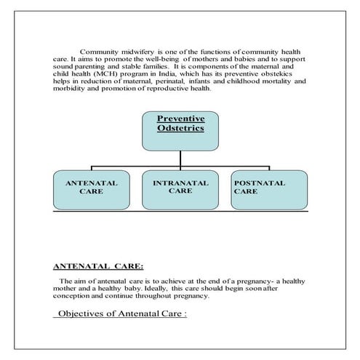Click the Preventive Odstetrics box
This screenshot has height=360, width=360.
tap(181, 130)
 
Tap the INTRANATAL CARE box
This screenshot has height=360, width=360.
tap(180, 189)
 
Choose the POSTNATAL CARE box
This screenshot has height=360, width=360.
tap(268, 189)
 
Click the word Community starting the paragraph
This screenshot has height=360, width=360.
tap(101, 52)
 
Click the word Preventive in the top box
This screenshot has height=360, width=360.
tap(181, 118)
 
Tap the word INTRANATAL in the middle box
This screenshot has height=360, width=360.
tap(180, 183)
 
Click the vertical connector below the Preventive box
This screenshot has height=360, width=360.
tap(181, 160)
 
